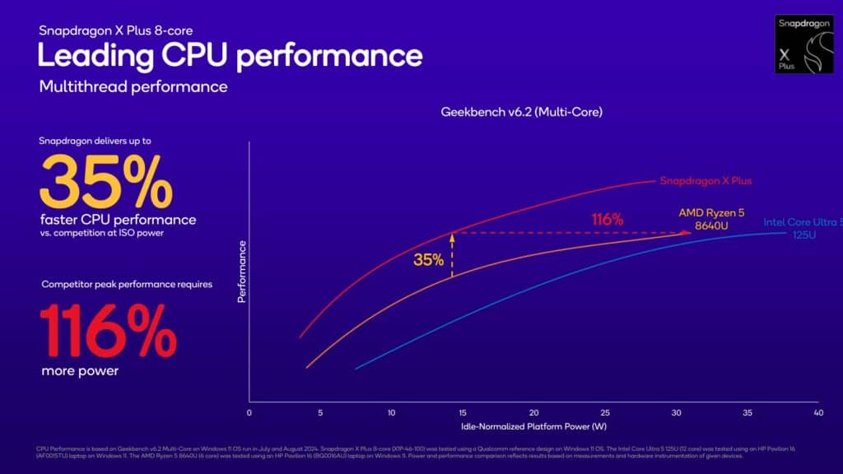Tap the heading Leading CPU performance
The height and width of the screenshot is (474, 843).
click(x=231, y=55)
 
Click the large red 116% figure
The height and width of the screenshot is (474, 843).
click(x=108, y=330)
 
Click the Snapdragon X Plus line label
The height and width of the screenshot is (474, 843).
click(x=706, y=181)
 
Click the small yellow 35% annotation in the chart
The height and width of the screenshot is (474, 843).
click(x=428, y=260)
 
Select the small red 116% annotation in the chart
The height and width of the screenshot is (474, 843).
click(x=608, y=220)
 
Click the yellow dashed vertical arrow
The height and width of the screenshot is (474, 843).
click(x=452, y=254)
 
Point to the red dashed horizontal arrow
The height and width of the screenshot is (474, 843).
click(x=568, y=233)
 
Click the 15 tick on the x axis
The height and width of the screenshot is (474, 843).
click(x=463, y=412)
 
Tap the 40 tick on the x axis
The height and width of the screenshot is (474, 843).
click(x=817, y=412)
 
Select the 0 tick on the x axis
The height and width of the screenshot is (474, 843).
click(x=249, y=412)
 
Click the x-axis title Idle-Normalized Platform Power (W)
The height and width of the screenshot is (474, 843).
click(x=533, y=427)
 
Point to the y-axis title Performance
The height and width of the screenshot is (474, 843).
click(x=242, y=272)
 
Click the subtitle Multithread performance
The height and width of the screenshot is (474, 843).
click(x=133, y=86)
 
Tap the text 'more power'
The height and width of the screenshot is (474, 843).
click(x=80, y=371)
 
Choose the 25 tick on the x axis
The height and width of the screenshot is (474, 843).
click(x=605, y=412)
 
